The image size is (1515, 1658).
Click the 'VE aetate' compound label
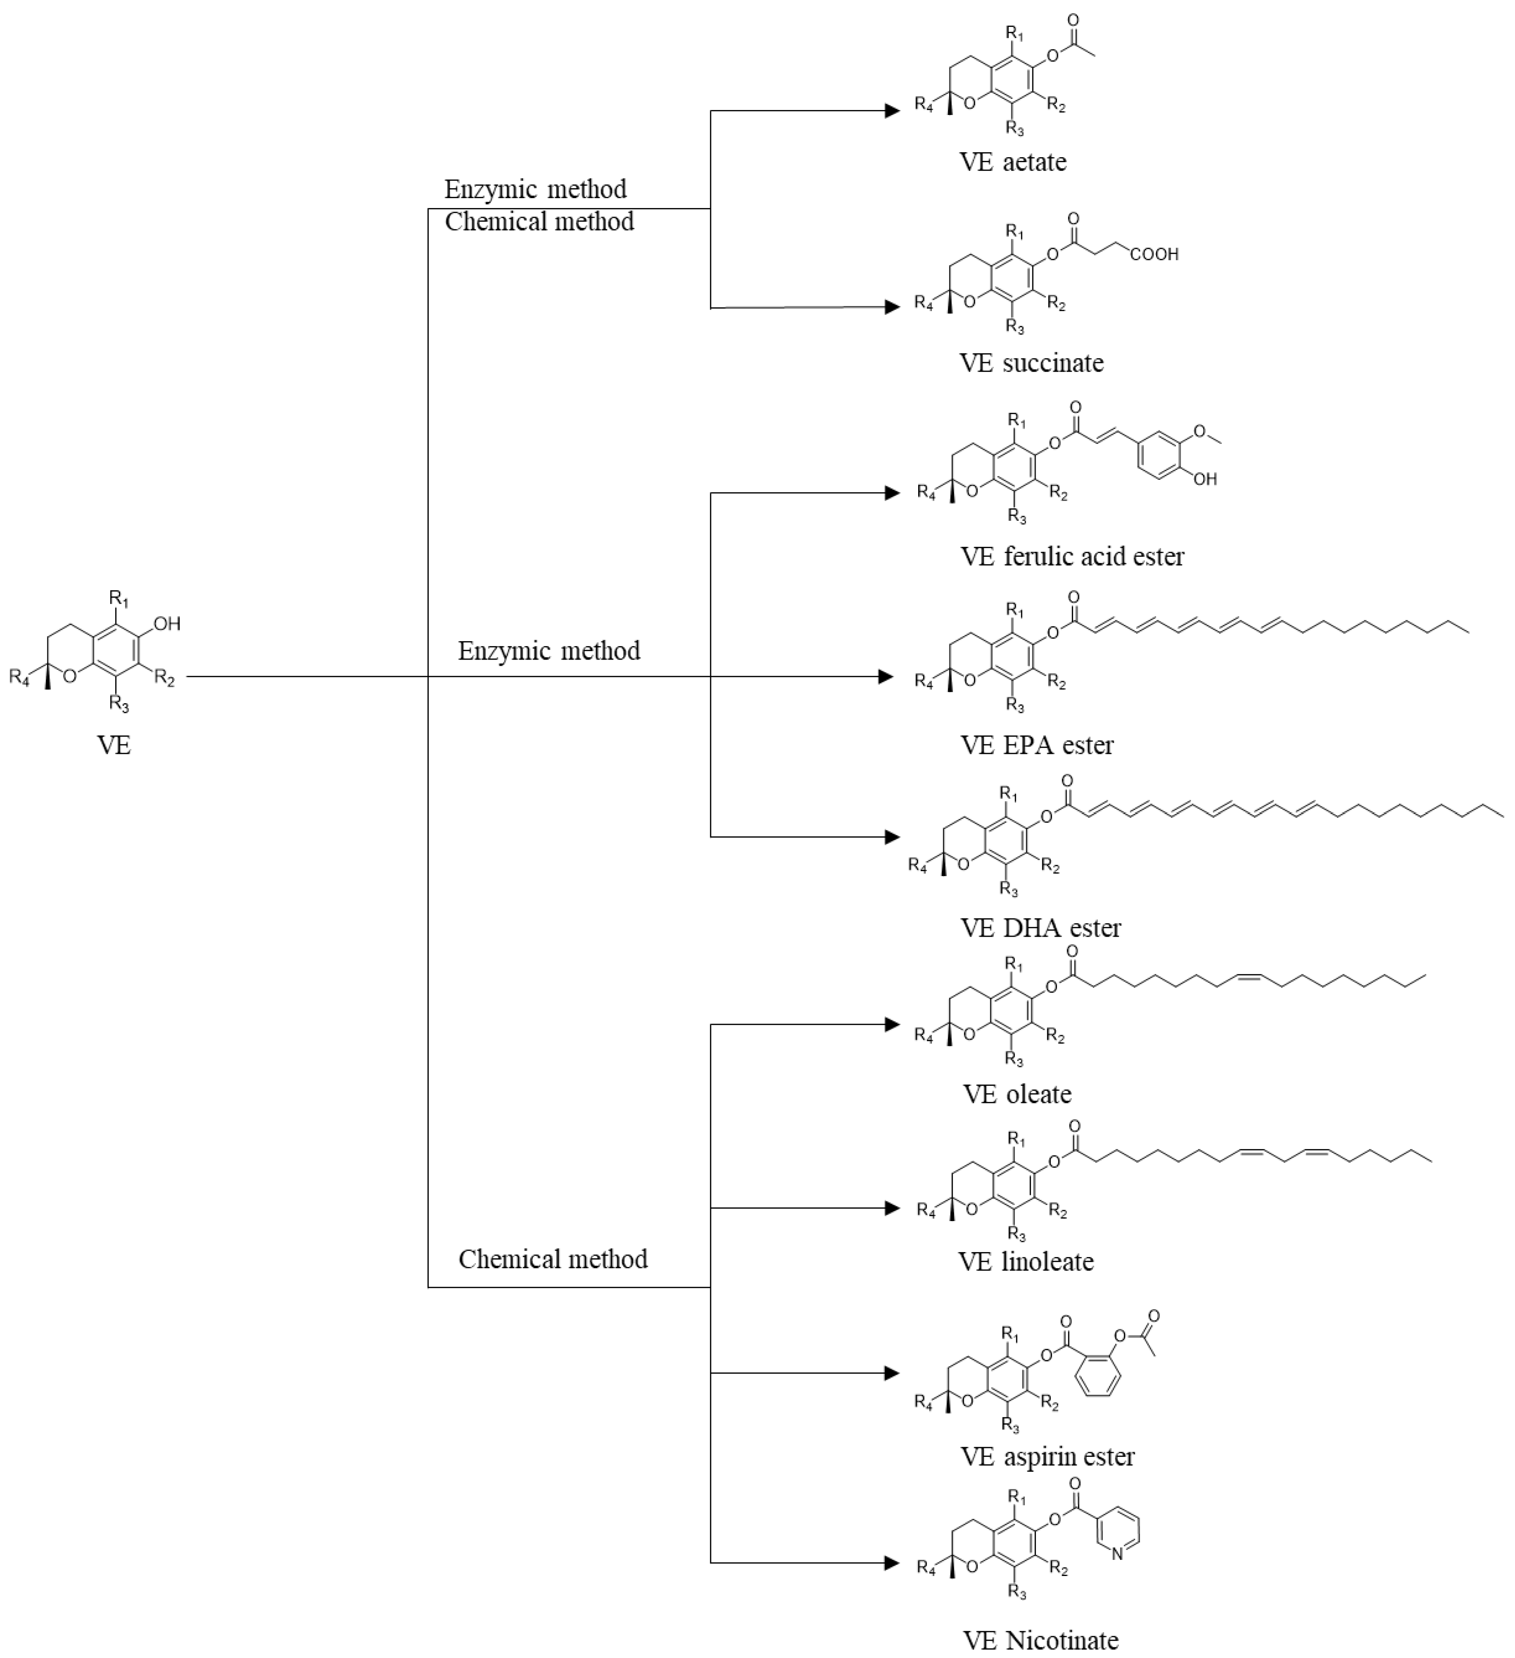point(1013,162)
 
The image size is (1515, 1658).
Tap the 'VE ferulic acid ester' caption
point(1072,557)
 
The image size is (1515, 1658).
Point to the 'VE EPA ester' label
point(1037,745)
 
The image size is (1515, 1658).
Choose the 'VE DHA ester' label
point(1041,927)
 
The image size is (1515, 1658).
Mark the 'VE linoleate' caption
point(1026,1262)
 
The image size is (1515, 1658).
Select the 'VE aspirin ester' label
point(1047,1456)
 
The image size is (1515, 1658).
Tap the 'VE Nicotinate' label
point(1041,1641)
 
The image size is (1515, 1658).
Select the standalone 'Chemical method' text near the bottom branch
point(552,1259)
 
